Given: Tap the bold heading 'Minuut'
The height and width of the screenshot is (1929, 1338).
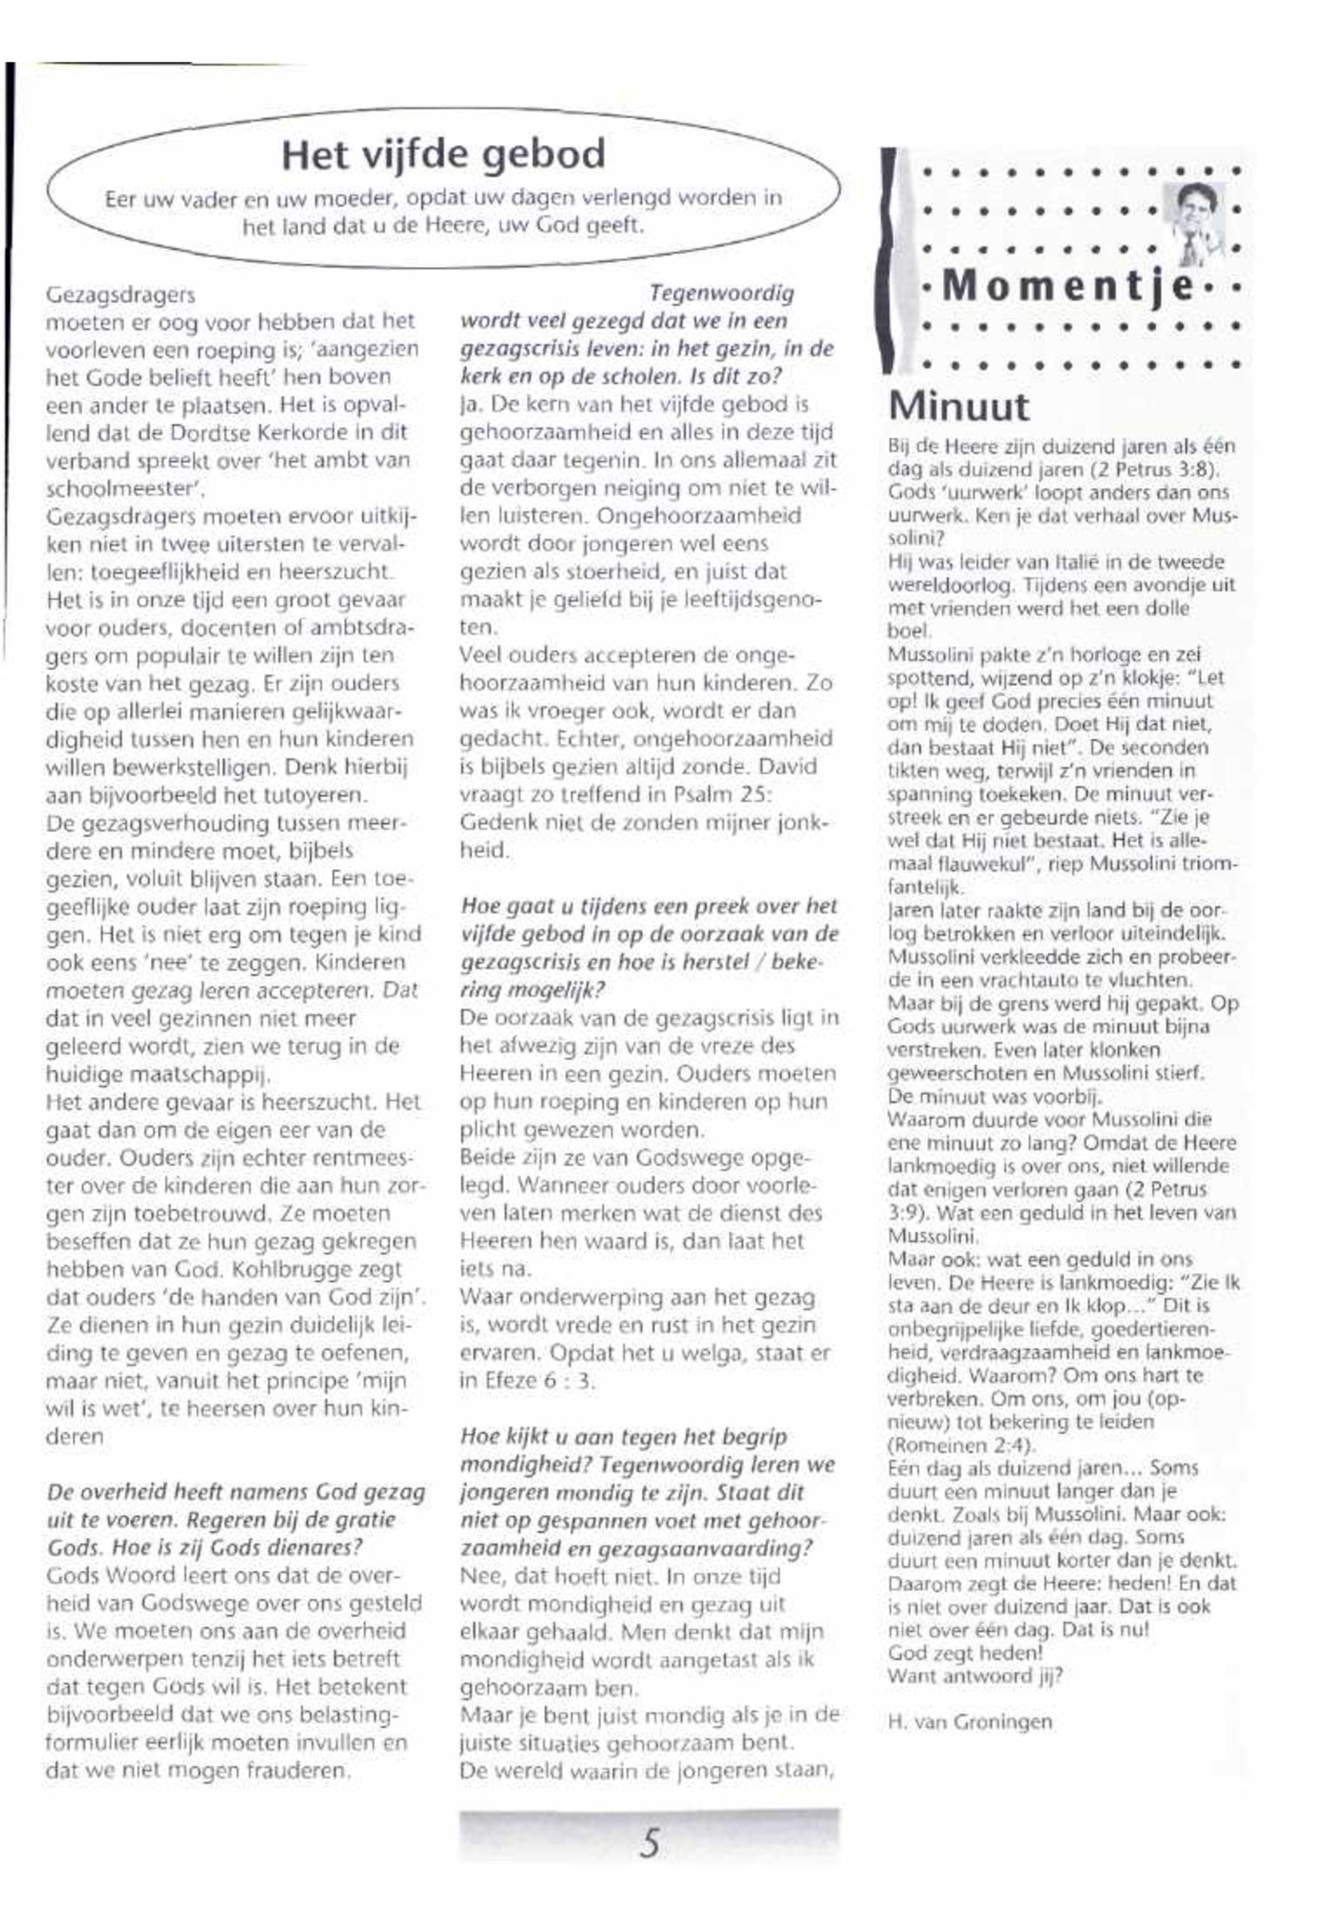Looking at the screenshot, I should point(957,407).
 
